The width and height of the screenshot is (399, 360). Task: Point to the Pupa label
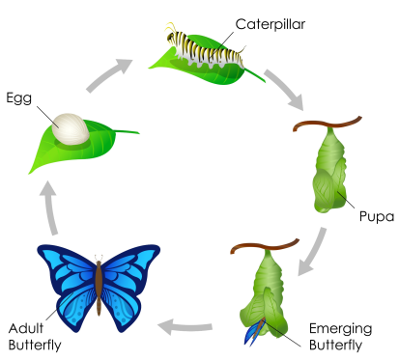click(376, 216)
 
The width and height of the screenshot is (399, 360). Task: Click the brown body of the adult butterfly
click(99, 286)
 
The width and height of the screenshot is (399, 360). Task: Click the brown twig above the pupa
click(328, 123)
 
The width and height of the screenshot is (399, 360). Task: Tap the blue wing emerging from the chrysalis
click(253, 332)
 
